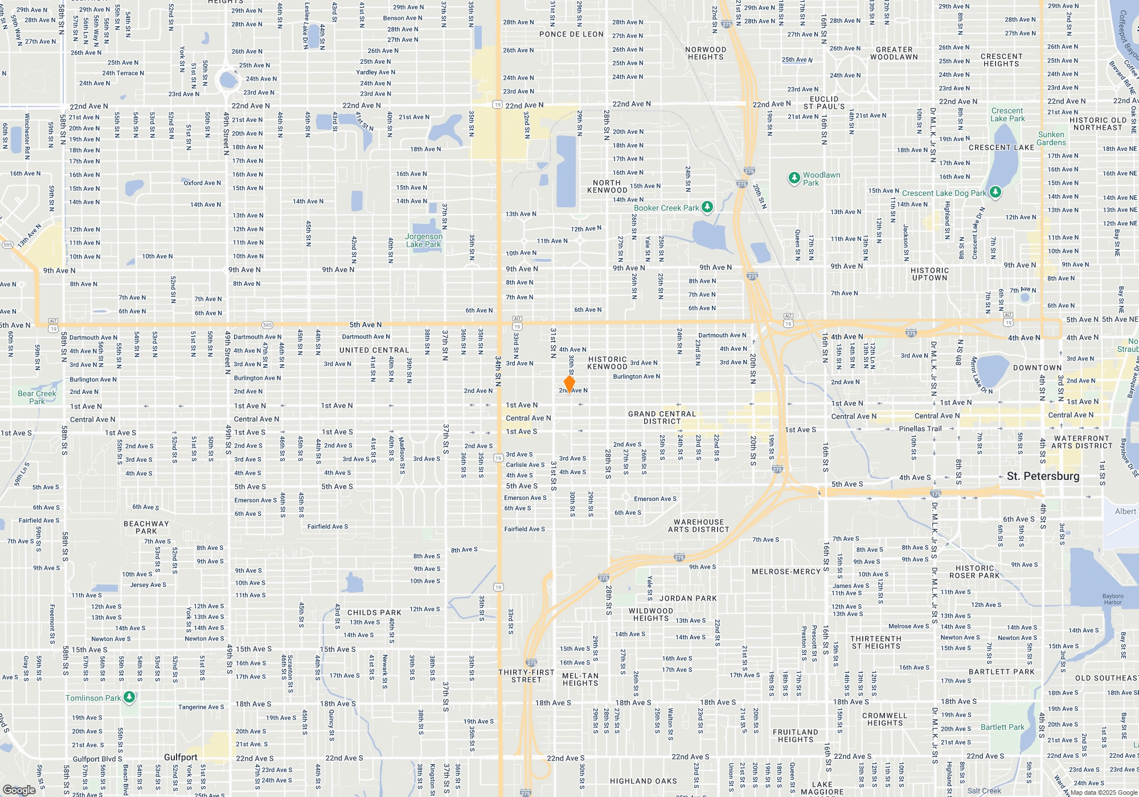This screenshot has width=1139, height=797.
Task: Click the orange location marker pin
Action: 569,384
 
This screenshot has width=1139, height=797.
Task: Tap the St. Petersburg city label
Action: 1043,476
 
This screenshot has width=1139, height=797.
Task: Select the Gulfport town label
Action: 181,757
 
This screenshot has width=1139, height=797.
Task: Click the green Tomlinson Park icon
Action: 129,697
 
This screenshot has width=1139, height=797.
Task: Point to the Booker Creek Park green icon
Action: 707,207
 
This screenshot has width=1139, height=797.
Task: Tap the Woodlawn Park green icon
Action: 794,178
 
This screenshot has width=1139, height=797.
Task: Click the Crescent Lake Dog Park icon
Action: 995,192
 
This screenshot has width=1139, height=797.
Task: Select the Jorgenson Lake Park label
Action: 423,240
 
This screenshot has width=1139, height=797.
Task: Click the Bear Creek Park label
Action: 37,397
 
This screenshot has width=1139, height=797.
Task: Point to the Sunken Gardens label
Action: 1051,139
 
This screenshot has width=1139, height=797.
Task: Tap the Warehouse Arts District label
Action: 698,525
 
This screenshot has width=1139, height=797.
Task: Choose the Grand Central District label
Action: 662,418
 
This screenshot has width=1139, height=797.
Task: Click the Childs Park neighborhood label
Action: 374,613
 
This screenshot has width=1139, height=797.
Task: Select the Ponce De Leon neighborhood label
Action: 571,34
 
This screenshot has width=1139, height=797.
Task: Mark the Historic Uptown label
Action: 929,274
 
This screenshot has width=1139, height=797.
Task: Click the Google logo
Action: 19,790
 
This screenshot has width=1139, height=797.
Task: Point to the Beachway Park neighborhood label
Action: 146,527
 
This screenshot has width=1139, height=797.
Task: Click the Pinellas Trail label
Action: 920,429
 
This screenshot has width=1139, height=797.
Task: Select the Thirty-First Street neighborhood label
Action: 526,676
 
